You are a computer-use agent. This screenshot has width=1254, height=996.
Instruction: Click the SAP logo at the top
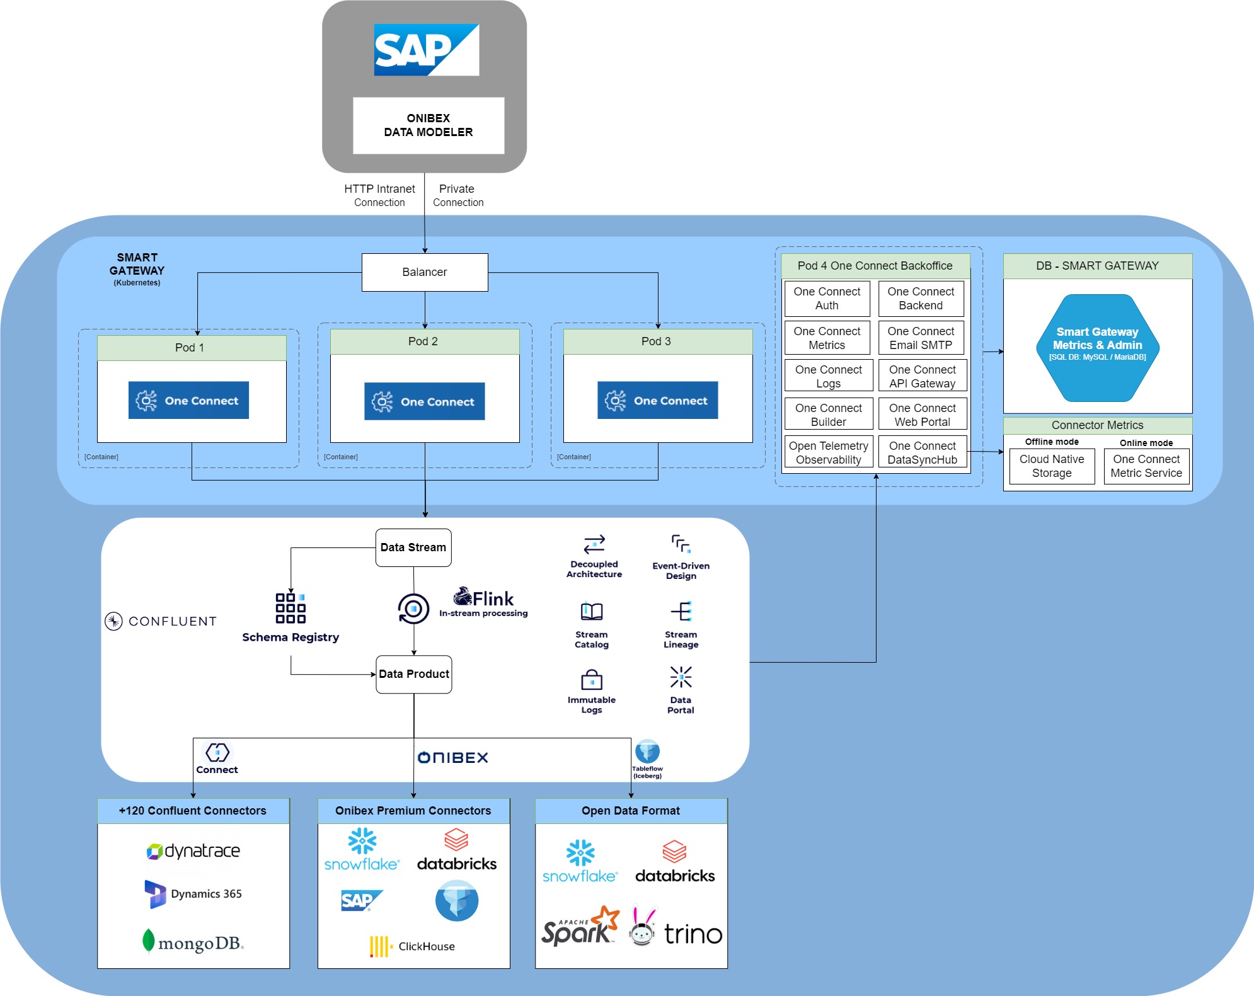427,50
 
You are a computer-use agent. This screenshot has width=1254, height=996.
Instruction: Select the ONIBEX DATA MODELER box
429,125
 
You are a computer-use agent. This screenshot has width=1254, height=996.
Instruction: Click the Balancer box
425,272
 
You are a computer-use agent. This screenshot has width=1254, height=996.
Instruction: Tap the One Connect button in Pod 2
425,401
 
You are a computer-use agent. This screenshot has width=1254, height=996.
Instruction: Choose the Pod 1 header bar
192,348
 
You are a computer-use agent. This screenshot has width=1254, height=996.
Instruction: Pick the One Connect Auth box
827,299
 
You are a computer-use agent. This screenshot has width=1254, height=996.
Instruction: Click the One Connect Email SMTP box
921,338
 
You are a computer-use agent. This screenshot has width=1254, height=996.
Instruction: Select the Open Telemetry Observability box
828,452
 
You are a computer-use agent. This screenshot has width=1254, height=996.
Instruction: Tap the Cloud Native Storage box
1052,466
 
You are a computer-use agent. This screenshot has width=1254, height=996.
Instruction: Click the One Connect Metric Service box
1146,466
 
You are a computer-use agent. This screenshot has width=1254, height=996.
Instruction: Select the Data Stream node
413,547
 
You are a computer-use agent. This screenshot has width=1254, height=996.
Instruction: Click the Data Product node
414,674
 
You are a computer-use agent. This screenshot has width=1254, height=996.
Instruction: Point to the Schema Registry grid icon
290,608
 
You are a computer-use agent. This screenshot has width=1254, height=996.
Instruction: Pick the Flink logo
484,598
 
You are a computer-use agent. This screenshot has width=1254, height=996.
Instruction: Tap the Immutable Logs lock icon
592,680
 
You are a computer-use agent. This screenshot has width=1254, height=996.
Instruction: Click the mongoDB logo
193,942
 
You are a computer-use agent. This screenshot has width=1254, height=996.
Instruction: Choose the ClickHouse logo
413,946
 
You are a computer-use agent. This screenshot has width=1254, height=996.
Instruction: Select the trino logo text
693,934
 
